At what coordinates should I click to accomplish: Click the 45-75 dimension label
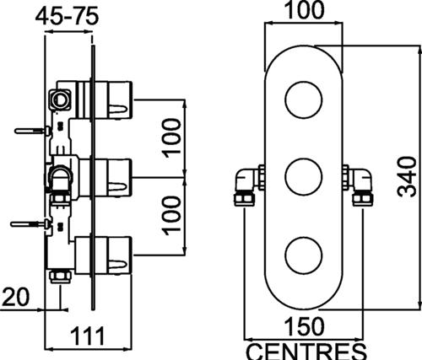click(67, 17)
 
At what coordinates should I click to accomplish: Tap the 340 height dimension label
click(407, 177)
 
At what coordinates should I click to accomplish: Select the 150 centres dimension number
click(305, 326)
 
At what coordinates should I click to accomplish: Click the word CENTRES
click(307, 352)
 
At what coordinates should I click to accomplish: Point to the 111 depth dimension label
click(88, 336)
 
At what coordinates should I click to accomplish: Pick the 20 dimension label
click(15, 297)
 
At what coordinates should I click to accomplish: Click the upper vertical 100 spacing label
click(170, 138)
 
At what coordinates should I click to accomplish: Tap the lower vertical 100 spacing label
click(170, 216)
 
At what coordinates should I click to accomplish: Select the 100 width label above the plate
click(305, 10)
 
